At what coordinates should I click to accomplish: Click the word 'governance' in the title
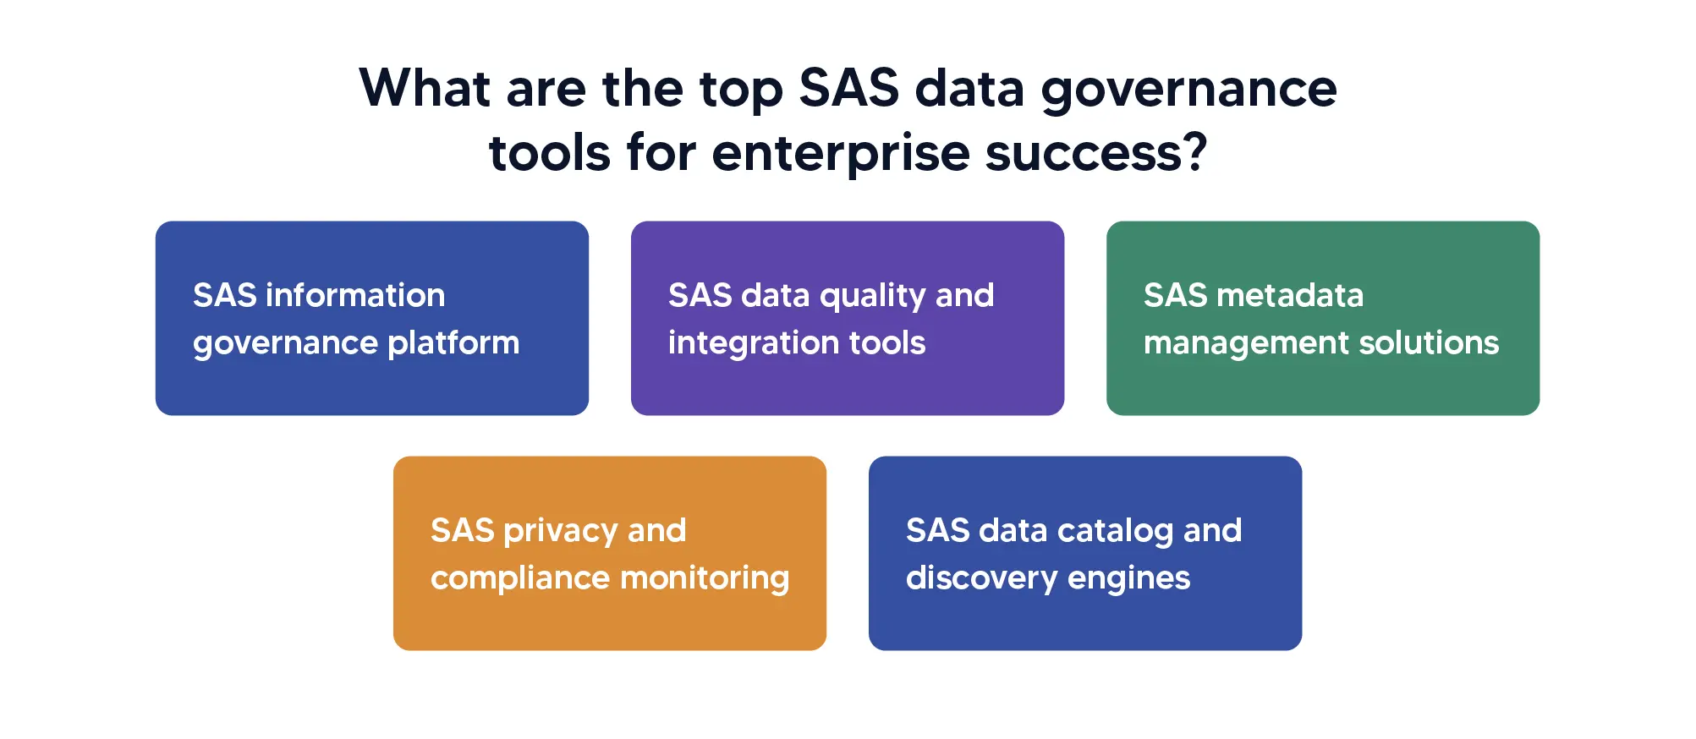pos(1188,90)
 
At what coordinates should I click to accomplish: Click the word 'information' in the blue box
pos(354,295)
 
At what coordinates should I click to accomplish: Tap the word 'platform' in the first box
pos(453,343)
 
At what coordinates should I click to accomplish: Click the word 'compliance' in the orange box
pos(519,578)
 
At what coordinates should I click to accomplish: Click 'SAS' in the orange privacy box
pos(462,530)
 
